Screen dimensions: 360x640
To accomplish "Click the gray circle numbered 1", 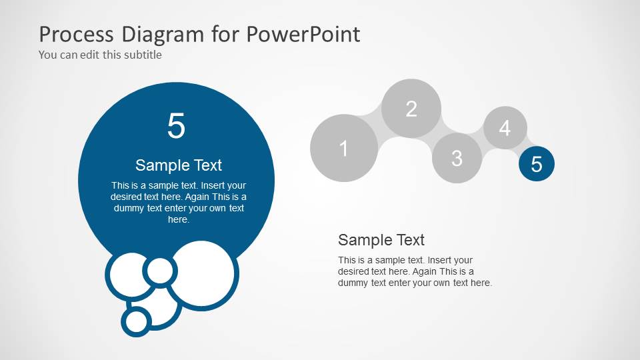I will pos(344,148).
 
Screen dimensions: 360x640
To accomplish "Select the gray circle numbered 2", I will pos(411,109).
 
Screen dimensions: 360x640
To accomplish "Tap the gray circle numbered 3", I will pos(457,158).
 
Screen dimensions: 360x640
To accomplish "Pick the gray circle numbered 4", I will pos(505,127).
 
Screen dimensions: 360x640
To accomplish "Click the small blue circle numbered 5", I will pos(537,163).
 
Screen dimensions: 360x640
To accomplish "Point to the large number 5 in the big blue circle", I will pos(176,126).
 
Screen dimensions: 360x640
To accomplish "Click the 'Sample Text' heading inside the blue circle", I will pos(179,165).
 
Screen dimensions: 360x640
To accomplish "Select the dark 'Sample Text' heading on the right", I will pos(381,240).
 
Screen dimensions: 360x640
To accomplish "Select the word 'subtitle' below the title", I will pos(143,55).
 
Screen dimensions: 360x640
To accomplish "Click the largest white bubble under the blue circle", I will pos(203,275).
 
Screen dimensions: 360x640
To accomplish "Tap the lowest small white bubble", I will pos(137,321).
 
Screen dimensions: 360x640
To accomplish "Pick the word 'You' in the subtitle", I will pos(47,55).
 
